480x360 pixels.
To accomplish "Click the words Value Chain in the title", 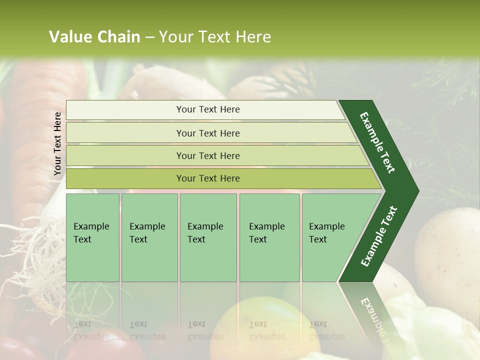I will click(94, 37).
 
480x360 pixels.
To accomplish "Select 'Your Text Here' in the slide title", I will click(215, 37).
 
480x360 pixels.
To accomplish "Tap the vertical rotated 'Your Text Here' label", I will click(57, 144).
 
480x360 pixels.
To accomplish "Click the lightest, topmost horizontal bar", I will click(207, 110).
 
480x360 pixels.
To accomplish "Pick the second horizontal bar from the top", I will click(207, 133).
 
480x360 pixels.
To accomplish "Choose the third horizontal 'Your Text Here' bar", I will click(207, 156).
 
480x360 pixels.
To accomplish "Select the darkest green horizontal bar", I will click(207, 178).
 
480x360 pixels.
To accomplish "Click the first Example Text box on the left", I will click(92, 237).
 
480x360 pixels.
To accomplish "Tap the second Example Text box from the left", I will click(149, 237).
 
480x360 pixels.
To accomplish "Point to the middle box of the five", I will click(208, 237).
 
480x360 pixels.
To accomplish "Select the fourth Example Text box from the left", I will click(269, 237).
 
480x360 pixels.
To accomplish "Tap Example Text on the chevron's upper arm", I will click(377, 142).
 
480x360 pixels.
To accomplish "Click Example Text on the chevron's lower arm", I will click(379, 236).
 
